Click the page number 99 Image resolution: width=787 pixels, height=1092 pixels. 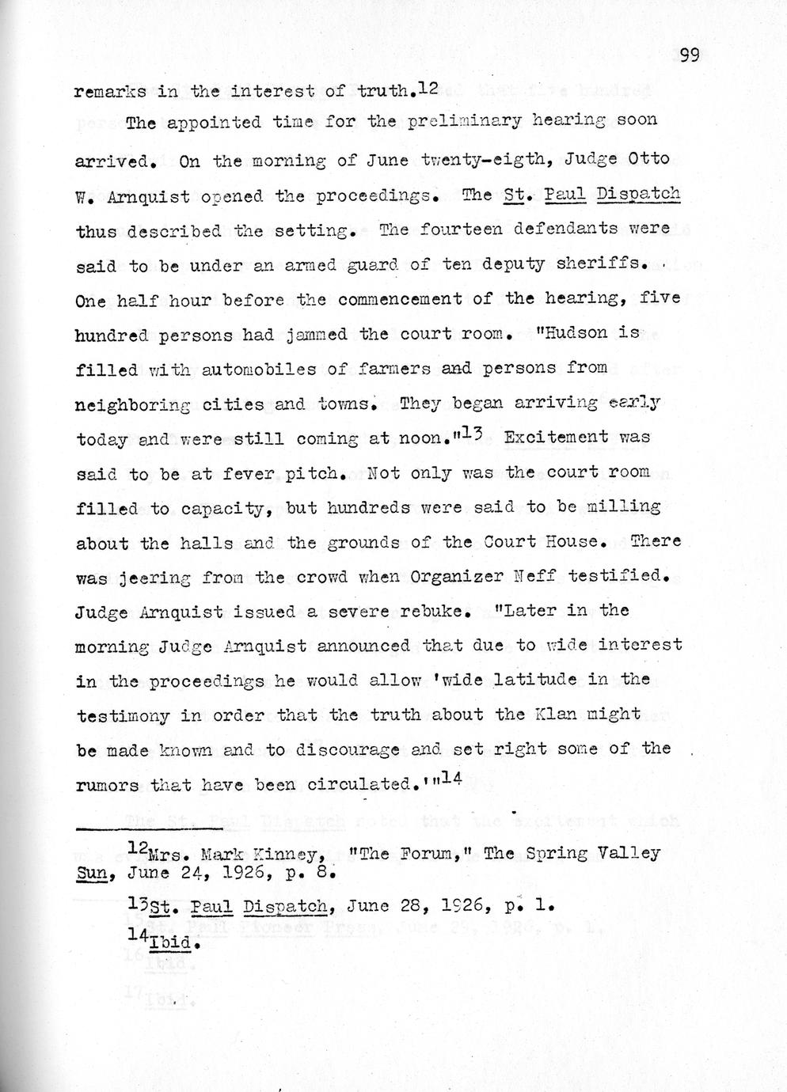(690, 54)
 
